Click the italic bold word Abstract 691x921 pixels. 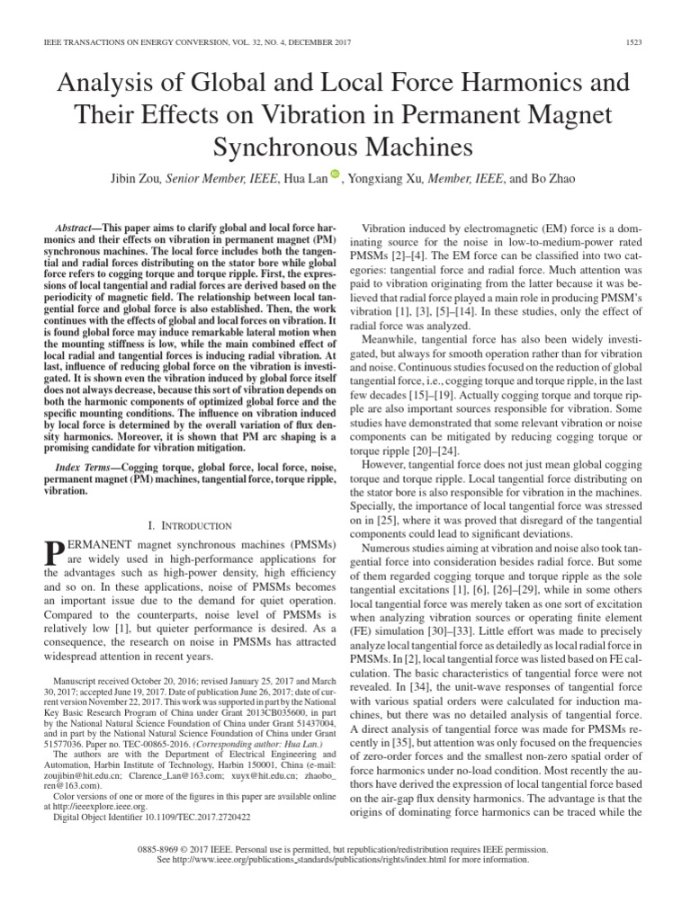76,229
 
